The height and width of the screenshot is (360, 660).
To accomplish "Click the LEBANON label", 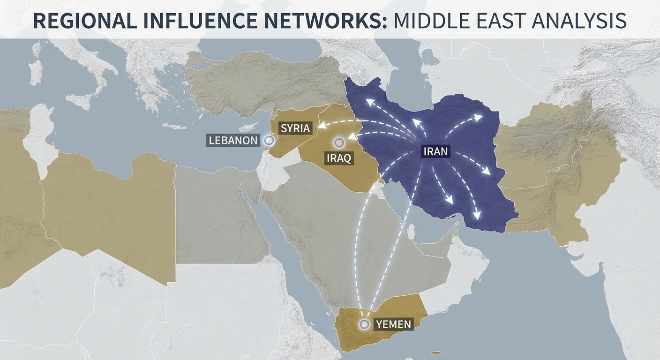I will click(233, 140).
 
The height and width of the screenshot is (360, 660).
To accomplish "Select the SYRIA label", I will click(295, 128).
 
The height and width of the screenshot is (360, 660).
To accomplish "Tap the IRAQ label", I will click(339, 158).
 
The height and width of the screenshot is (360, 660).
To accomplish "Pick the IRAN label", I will click(435, 151).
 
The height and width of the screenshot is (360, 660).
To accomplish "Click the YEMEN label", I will click(393, 324).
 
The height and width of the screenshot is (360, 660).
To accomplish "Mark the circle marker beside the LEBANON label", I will click(269, 140).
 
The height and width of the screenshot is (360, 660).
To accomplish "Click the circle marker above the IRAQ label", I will click(339, 142).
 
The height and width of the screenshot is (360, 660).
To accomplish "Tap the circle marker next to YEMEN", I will click(364, 324).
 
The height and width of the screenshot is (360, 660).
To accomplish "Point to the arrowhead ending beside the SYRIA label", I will click(321, 126).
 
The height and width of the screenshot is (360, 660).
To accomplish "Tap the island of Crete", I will click(174, 126).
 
